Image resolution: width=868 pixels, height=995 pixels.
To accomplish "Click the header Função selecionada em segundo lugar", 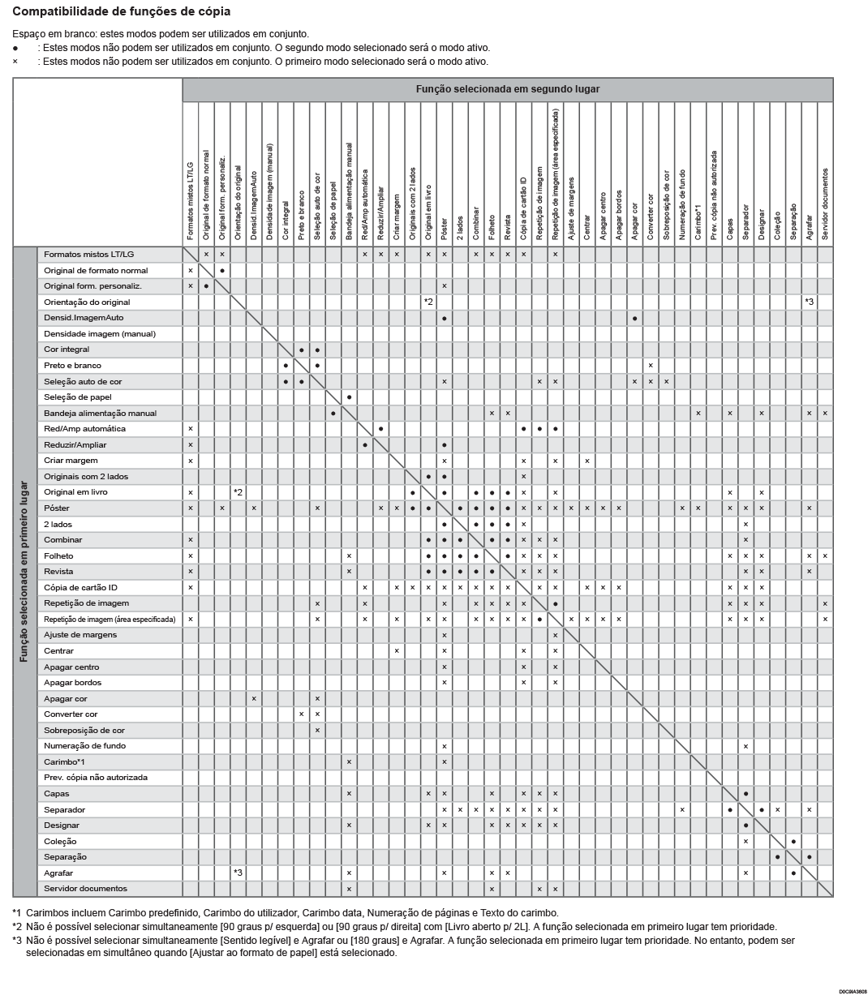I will pyautogui.click(x=507, y=89).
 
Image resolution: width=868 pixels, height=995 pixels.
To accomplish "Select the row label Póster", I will pyautogui.click(x=57, y=508).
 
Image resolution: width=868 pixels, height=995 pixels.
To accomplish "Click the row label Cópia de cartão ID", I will pyautogui.click(x=80, y=587).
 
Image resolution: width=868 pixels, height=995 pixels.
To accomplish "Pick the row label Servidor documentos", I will pyautogui.click(x=85, y=889).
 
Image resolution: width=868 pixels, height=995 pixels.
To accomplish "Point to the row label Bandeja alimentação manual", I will pyautogui.click(x=100, y=414).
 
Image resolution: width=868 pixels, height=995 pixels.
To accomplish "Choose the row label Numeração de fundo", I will pyautogui.click(x=84, y=746).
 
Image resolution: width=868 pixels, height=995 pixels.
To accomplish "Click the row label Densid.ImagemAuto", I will pyautogui.click(x=84, y=318).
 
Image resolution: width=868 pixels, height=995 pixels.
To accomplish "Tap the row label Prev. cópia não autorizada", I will pyautogui.click(x=96, y=778).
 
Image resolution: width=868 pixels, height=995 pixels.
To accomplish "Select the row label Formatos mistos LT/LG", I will pyautogui.click(x=89, y=255).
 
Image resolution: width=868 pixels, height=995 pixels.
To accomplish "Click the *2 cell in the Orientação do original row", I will pyautogui.click(x=428, y=302).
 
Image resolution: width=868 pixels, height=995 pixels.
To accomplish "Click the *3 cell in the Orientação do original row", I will pyautogui.click(x=809, y=302).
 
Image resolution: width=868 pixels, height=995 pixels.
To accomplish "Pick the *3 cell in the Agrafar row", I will pyautogui.click(x=238, y=873).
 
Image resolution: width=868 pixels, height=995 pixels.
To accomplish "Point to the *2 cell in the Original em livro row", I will pyautogui.click(x=238, y=492).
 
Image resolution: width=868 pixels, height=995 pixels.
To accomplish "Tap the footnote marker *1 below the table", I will pyautogui.click(x=17, y=912).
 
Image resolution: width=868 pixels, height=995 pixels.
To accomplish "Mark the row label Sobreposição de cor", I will pyautogui.click(x=84, y=731).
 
